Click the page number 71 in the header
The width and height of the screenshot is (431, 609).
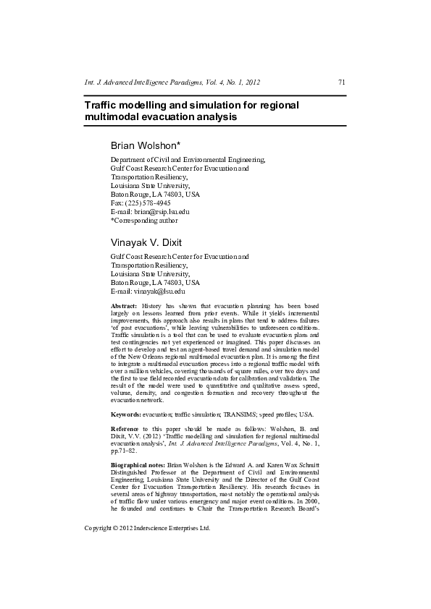(341, 82)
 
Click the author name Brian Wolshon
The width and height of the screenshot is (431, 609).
(150, 145)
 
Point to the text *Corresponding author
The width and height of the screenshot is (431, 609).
(143, 221)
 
